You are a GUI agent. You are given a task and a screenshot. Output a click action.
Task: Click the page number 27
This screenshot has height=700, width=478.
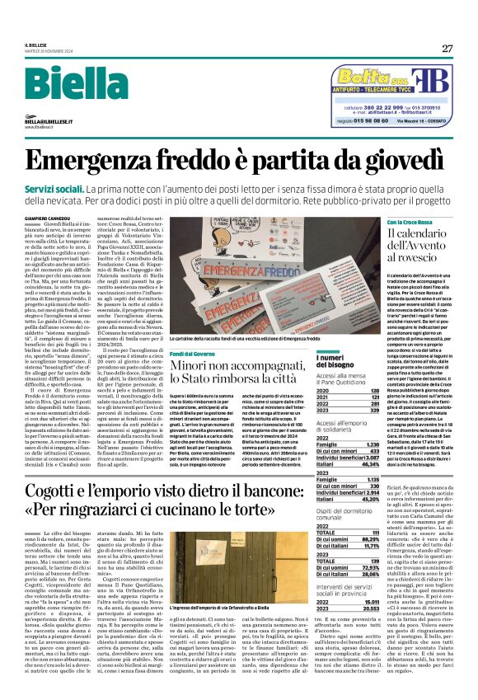(x=448, y=48)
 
